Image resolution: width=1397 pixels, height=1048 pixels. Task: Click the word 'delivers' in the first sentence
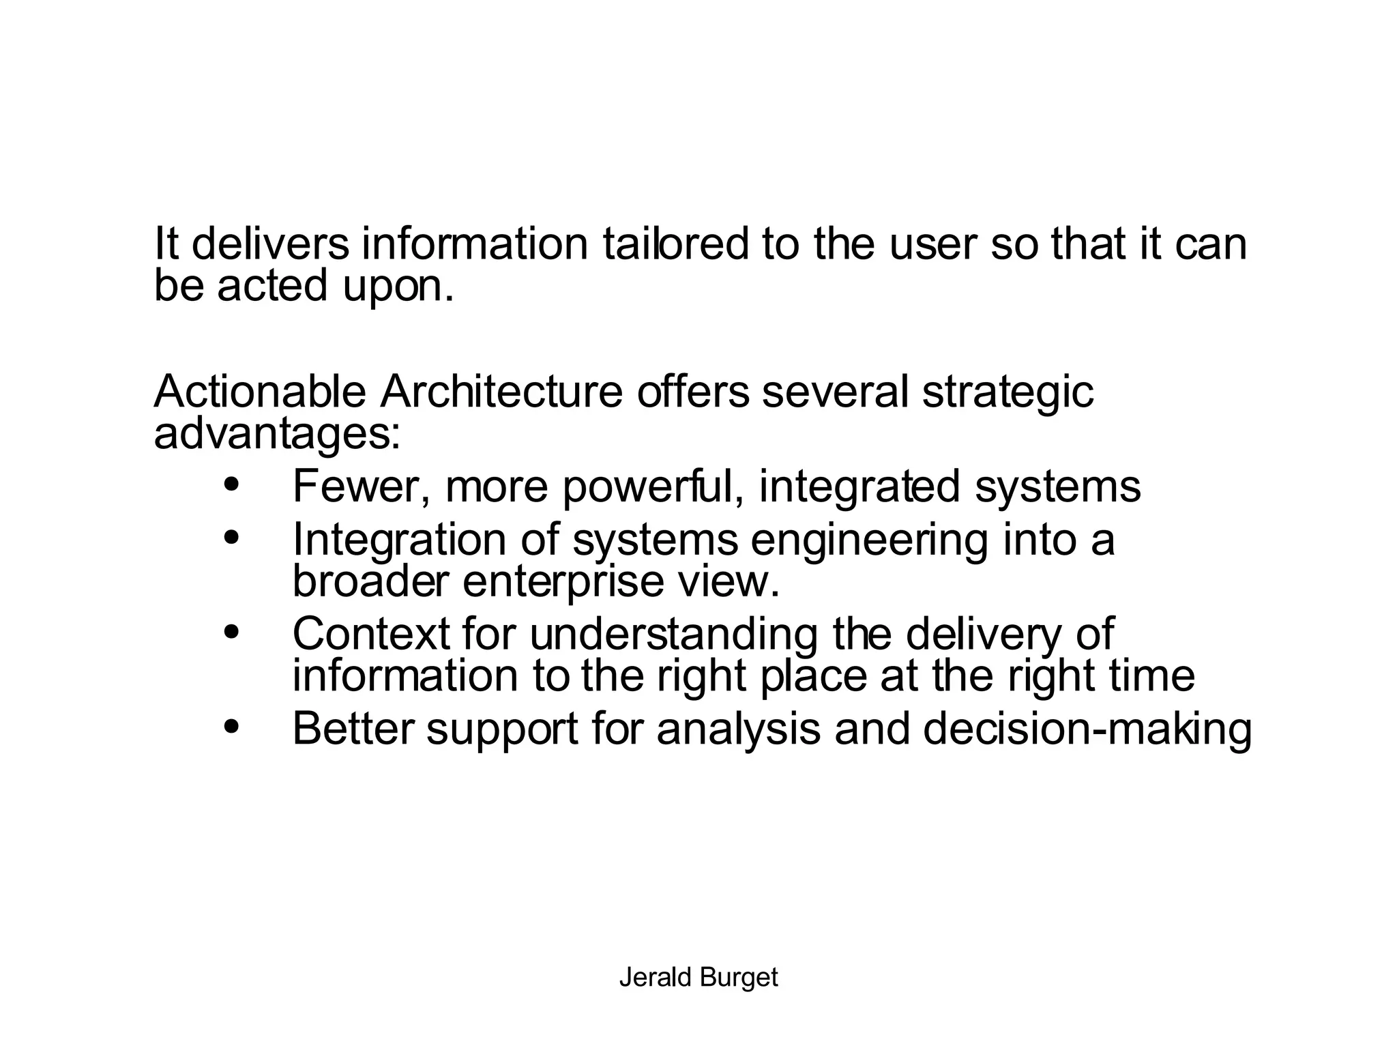[270, 244]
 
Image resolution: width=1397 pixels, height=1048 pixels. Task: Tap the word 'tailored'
[675, 244]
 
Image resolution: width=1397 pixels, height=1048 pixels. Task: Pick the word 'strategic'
[1008, 393]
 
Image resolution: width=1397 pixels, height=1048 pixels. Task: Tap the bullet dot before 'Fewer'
[232, 484]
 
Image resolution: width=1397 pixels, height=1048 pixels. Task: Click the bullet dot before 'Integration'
[232, 538]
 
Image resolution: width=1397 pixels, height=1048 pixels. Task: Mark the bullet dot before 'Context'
[232, 632]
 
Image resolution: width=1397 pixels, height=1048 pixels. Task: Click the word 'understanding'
[673, 635]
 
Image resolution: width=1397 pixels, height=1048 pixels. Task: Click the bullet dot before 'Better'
[232, 727]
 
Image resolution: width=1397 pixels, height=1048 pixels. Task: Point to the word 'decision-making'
[1087, 729]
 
